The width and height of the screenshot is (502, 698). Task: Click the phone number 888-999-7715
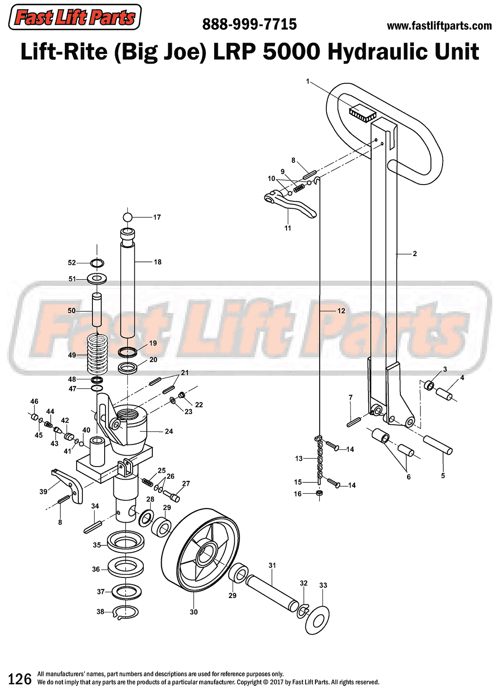[x=249, y=24]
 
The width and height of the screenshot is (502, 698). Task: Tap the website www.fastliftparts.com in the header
[x=439, y=26]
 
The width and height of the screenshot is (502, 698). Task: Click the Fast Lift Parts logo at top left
[x=75, y=18]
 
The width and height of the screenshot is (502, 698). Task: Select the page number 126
[x=20, y=679]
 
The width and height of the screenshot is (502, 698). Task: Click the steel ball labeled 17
[x=128, y=217]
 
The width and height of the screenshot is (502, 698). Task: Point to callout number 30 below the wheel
[x=194, y=612]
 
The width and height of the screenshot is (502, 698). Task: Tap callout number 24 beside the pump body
[x=169, y=431]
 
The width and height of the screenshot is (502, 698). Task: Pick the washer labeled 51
[x=97, y=278]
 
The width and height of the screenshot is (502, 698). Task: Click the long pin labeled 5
[x=438, y=445]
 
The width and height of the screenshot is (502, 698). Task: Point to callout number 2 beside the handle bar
[x=415, y=254]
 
